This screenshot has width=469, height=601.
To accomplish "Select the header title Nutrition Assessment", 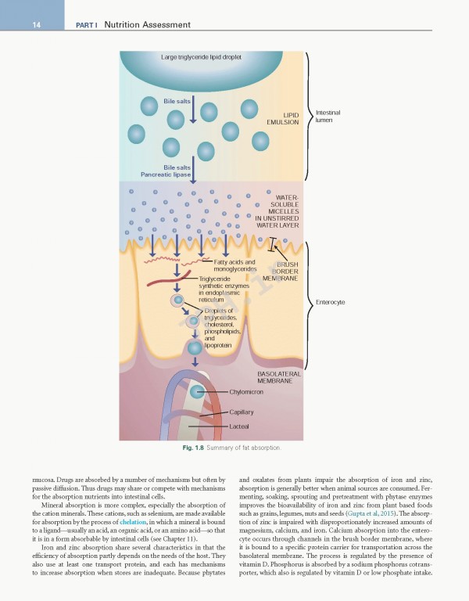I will tap(147, 25).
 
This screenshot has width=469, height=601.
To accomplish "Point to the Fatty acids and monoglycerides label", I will tap(229, 265).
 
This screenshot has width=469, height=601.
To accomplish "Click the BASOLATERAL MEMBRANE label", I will tap(279, 377).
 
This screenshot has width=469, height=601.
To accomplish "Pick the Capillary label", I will tap(242, 412).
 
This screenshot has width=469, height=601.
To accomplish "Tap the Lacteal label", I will tap(239, 426).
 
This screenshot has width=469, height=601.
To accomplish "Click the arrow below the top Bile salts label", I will tap(193, 114).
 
